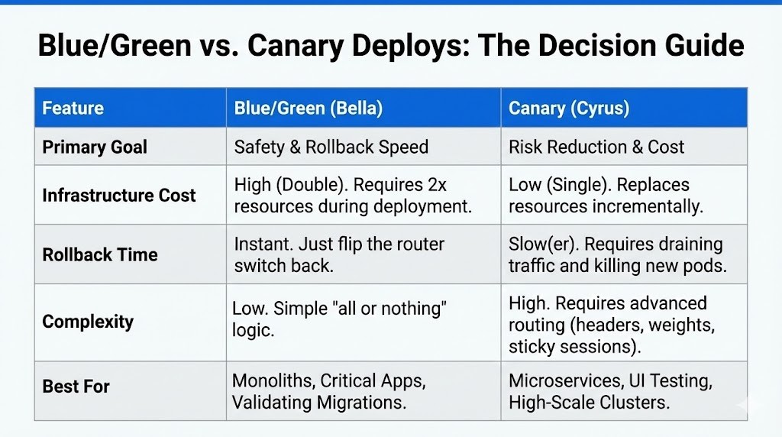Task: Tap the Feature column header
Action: point(73,108)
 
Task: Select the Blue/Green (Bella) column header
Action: point(309,108)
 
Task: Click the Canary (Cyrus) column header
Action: point(569,108)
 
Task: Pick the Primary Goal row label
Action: point(95,147)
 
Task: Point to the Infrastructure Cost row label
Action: point(119,195)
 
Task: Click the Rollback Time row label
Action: point(100,254)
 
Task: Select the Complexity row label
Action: point(88,322)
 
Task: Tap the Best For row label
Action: point(76,387)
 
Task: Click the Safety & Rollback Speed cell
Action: point(331,147)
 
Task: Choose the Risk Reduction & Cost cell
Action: point(596,147)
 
